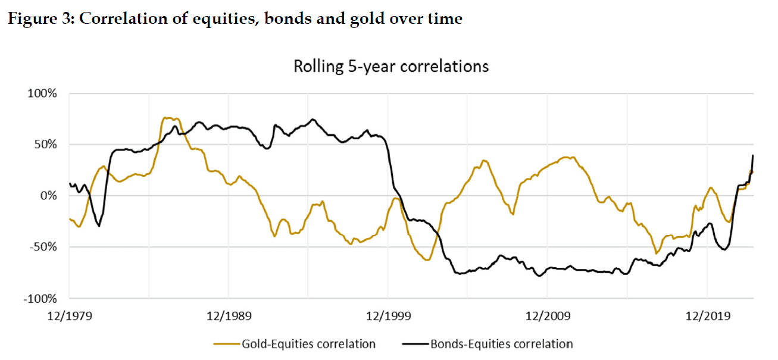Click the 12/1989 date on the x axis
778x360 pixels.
pyautogui.click(x=229, y=316)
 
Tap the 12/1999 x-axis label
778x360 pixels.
pyautogui.click(x=389, y=316)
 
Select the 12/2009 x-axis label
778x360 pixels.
pyautogui.click(x=548, y=316)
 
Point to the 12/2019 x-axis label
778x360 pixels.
pyautogui.click(x=708, y=316)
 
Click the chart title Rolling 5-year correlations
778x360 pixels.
pyautogui.click(x=391, y=66)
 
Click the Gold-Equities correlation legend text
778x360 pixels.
pyautogui.click(x=308, y=344)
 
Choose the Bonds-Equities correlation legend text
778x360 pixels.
pyautogui.click(x=501, y=344)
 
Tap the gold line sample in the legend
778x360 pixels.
pyautogui.click(x=226, y=344)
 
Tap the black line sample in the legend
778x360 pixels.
pyautogui.click(x=415, y=344)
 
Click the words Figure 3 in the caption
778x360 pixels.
pyautogui.click(x=39, y=18)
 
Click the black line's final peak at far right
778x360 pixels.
pyautogui.click(x=753, y=155)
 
